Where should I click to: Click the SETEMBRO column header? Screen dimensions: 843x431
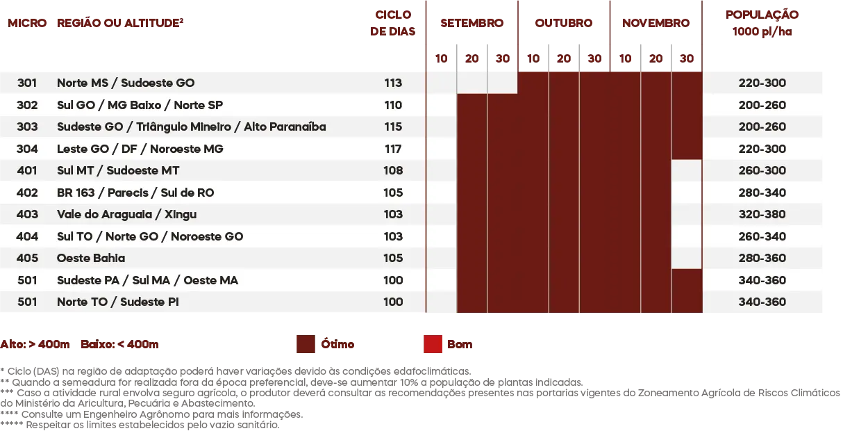pyautogui.click(x=472, y=23)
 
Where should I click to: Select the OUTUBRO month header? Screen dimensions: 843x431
pyautogui.click(x=564, y=23)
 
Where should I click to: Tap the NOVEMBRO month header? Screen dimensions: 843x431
pyautogui.click(x=656, y=23)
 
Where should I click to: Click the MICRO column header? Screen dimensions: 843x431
pyautogui.click(x=27, y=23)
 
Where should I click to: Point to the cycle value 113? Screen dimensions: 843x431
pyautogui.click(x=393, y=83)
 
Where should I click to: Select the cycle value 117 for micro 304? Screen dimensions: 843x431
pyautogui.click(x=393, y=149)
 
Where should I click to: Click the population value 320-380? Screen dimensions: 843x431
pyautogui.click(x=762, y=214)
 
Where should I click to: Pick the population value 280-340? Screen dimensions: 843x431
pyautogui.click(x=762, y=193)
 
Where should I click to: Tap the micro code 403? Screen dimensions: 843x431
pyautogui.click(x=27, y=214)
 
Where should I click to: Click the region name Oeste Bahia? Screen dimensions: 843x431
pyautogui.click(x=91, y=258)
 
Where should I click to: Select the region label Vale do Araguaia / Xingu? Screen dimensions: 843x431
pyautogui.click(x=126, y=214)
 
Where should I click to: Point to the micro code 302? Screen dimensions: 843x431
pyautogui.click(x=27, y=105)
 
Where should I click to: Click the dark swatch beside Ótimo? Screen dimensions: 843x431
pyautogui.click(x=306, y=344)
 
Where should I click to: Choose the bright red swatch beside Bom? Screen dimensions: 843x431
pyautogui.click(x=433, y=344)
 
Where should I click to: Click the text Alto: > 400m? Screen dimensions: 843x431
pyautogui.click(x=35, y=344)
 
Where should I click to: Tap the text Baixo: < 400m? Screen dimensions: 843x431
pyautogui.click(x=119, y=344)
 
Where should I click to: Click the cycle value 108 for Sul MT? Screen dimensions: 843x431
pyautogui.click(x=393, y=170)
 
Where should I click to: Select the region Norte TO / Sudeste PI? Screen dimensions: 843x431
pyautogui.click(x=118, y=302)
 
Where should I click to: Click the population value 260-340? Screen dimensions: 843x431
pyautogui.click(x=762, y=236)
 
